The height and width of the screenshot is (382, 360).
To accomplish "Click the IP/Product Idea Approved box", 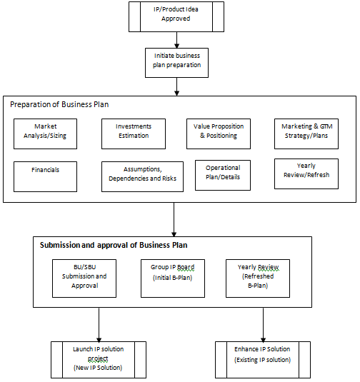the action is (176, 17).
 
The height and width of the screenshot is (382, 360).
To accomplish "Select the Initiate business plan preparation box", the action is (176, 63).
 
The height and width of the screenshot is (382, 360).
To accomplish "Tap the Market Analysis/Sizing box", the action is (45, 134).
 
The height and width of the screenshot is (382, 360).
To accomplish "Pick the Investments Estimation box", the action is (134, 134).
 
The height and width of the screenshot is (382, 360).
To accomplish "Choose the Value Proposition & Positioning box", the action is (219, 134).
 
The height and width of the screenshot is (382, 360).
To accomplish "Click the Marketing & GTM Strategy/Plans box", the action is (306, 134).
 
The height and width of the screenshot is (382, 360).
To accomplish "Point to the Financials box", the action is (45, 176).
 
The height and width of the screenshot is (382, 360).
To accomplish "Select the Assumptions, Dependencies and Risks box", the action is (142, 176).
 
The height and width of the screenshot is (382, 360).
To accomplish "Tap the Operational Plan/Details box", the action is (223, 175).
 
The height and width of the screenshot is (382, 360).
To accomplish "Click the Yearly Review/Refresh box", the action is (306, 174).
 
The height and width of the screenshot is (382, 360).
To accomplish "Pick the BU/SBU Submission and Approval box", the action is (84, 278).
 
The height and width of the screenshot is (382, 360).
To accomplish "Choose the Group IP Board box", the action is (173, 278).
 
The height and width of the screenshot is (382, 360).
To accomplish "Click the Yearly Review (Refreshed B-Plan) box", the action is (258, 278).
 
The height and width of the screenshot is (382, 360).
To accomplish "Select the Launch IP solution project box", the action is (99, 360).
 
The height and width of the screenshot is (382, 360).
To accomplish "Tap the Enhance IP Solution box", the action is (263, 360).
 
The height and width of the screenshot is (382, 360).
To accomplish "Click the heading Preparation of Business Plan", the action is (59, 104).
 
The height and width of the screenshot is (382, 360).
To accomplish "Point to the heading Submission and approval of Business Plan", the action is (114, 245).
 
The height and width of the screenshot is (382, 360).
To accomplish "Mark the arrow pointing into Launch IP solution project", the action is (99, 325).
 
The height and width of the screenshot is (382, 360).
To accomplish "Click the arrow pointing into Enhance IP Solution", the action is (264, 325).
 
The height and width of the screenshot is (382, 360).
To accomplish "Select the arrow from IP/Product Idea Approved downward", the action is (177, 40).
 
